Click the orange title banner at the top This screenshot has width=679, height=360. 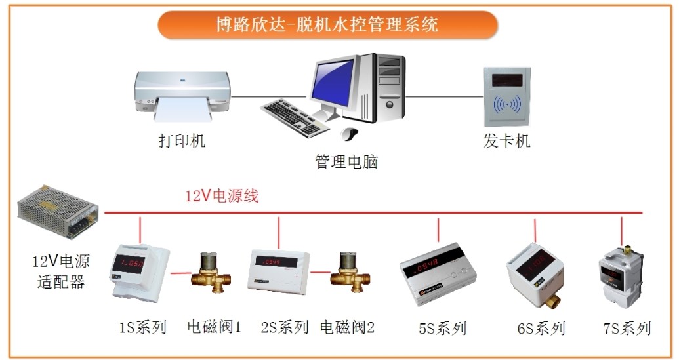pos(328,25)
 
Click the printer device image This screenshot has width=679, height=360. pos(182,96)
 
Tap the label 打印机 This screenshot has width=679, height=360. pos(182,141)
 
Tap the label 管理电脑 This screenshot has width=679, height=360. pos(346,161)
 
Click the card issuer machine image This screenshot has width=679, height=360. pos(506,96)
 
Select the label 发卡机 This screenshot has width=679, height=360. pos(506,141)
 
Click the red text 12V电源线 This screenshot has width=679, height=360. pos(222,196)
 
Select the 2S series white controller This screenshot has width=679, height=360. pos(279,271)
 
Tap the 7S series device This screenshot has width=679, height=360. pos(620,275)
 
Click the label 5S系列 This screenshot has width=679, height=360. pos(442,329)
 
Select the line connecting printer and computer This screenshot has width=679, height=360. pos(268,96)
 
